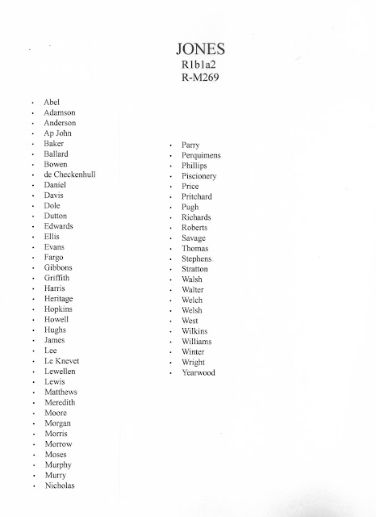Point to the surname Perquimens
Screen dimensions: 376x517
[x=207, y=154]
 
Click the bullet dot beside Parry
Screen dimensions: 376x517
[x=171, y=145]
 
